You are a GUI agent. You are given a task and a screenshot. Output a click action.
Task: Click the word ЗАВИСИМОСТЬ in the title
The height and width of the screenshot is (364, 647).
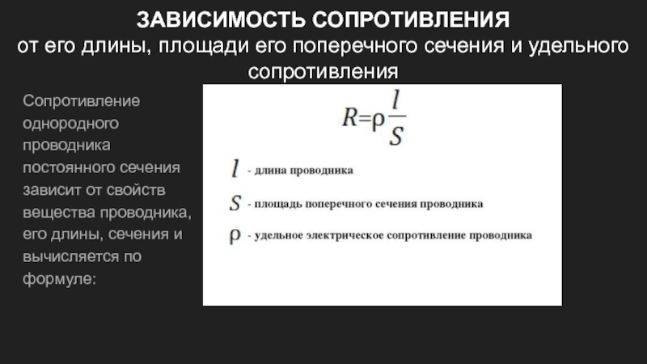click(220, 19)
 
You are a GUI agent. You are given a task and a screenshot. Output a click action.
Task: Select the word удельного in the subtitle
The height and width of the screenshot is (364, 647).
click(578, 47)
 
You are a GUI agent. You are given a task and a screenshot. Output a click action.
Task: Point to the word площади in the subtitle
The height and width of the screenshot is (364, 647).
click(204, 47)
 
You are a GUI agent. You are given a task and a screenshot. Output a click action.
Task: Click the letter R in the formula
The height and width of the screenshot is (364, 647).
click(349, 117)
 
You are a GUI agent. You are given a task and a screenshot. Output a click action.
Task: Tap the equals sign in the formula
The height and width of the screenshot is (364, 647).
click(365, 119)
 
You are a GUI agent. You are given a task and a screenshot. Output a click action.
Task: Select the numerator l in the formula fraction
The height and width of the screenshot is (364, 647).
click(395, 99)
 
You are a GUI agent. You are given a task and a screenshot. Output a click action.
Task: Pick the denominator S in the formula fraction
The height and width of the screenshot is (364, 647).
click(396, 135)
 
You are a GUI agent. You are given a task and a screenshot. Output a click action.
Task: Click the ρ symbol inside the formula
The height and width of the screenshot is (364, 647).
click(378, 121)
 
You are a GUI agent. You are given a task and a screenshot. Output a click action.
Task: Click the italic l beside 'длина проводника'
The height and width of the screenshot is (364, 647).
click(235, 168)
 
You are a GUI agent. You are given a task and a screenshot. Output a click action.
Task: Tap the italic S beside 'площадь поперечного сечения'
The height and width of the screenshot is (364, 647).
click(235, 203)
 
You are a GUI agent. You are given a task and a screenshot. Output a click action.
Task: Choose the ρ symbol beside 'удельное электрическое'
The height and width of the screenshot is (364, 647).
click(235, 236)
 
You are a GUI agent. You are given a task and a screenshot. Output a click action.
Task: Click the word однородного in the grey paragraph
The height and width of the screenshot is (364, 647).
click(70, 124)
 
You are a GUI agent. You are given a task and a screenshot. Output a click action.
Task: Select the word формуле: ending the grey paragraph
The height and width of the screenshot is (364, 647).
click(59, 279)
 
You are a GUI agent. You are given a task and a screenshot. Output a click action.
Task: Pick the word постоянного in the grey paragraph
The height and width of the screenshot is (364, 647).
click(69, 167)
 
